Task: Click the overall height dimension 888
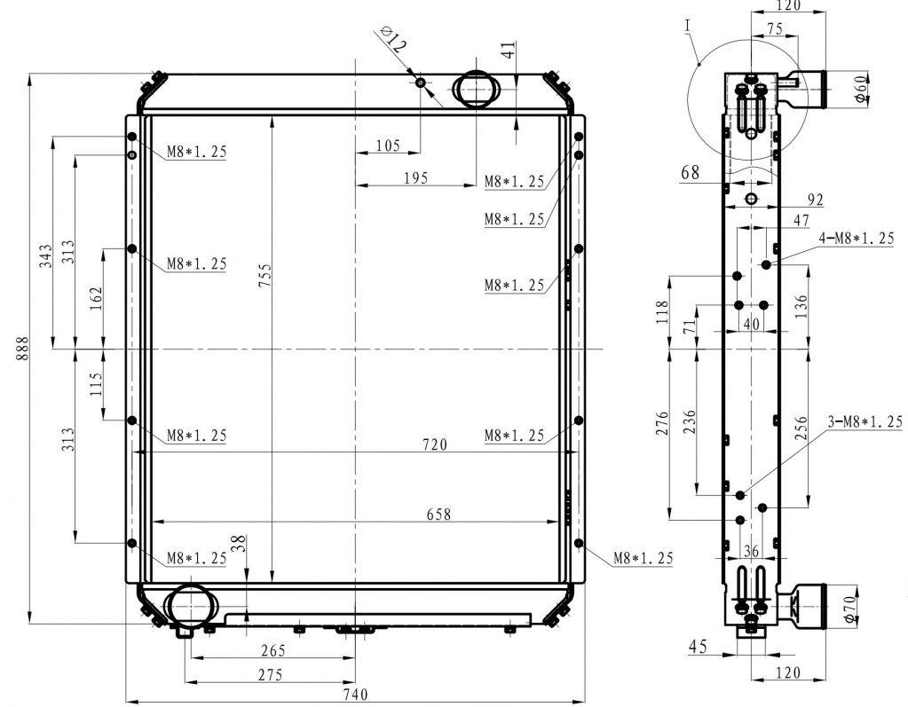click(22, 348)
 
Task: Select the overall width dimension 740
click(355, 695)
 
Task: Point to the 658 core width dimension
click(438, 514)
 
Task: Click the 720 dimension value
click(435, 444)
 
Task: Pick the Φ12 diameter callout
click(391, 39)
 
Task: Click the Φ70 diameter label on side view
click(849, 609)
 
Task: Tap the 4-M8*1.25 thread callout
click(857, 238)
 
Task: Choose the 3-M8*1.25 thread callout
click(865, 421)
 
